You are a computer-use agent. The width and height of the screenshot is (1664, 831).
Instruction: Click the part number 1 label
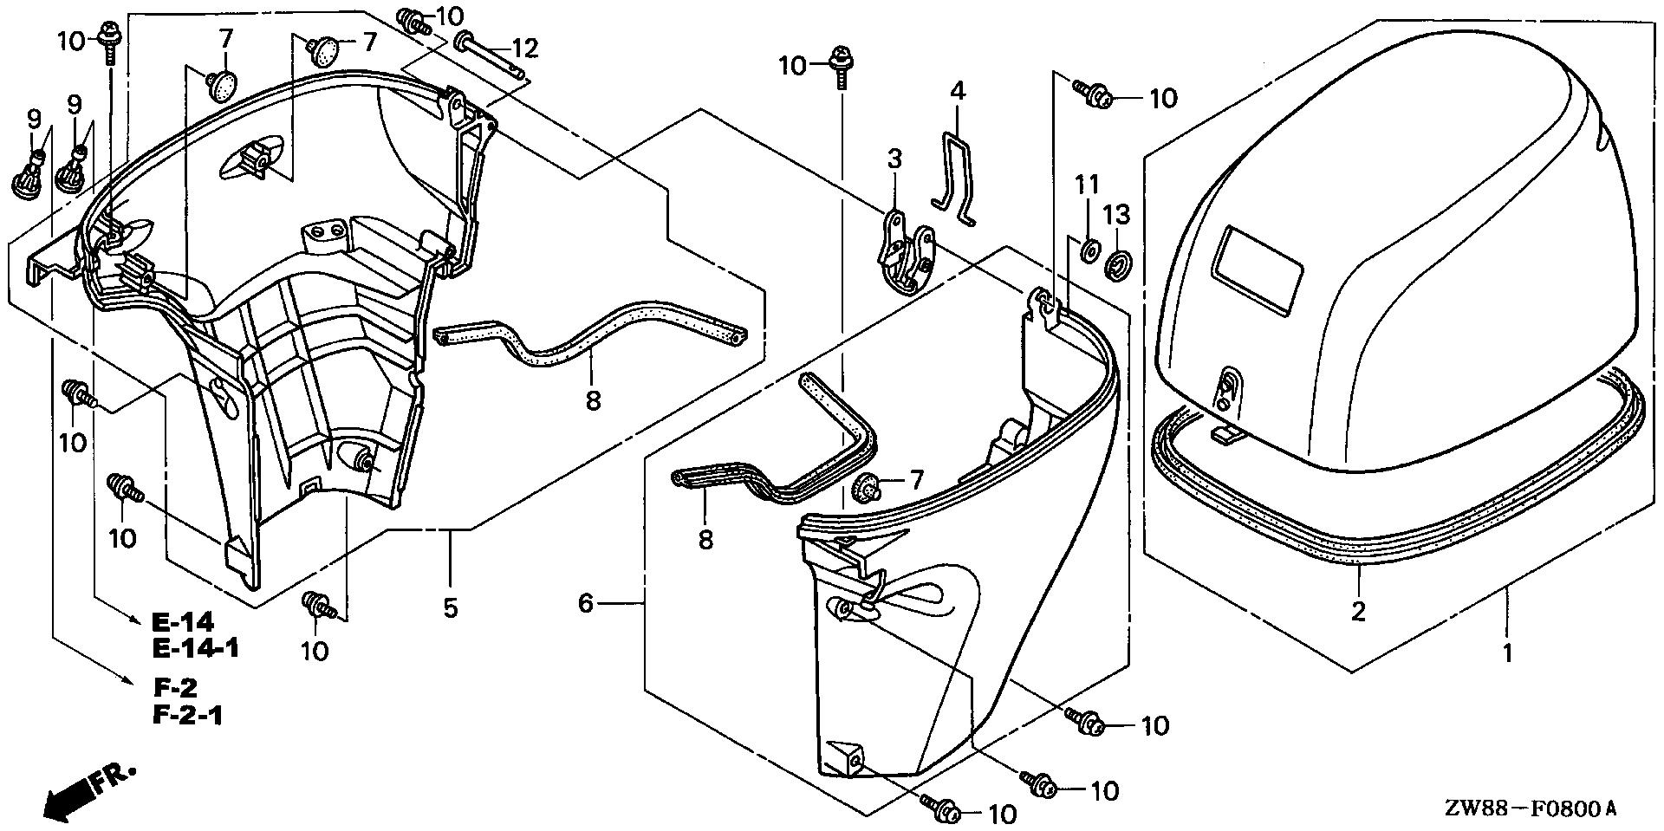(x=1508, y=652)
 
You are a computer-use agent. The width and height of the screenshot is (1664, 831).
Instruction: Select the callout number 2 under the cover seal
(x=1358, y=611)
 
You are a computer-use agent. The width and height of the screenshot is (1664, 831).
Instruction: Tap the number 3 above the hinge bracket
(x=894, y=159)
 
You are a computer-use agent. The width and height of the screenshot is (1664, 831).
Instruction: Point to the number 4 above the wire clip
(x=957, y=91)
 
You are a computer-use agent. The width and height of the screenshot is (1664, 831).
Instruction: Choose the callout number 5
(x=450, y=607)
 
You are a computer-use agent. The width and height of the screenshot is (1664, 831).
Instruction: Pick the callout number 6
(x=586, y=603)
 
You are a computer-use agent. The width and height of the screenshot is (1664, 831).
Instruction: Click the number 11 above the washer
(x=1088, y=185)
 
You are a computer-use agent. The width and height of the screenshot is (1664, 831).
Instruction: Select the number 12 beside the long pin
(x=525, y=49)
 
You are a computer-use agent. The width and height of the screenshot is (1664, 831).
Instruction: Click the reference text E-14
(x=183, y=622)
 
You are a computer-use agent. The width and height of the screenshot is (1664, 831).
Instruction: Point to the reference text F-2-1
(x=188, y=716)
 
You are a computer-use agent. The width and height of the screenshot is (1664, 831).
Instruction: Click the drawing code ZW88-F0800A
(x=1530, y=808)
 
